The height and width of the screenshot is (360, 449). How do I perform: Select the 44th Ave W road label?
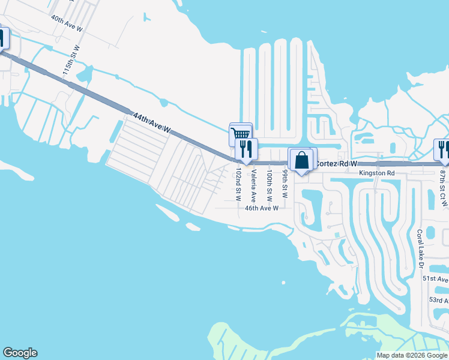152,122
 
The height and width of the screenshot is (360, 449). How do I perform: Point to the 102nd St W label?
238,184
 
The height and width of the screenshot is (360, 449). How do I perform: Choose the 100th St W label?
270,184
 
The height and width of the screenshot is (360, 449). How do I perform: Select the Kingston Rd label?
377,173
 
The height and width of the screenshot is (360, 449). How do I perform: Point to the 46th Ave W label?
262,208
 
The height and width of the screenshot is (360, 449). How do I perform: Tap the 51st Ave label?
435,279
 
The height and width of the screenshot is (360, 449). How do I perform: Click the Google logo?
20,353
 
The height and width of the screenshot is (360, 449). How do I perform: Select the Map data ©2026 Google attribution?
411,355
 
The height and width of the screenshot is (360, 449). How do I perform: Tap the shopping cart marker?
240,134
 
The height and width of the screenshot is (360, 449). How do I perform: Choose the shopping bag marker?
301,160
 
